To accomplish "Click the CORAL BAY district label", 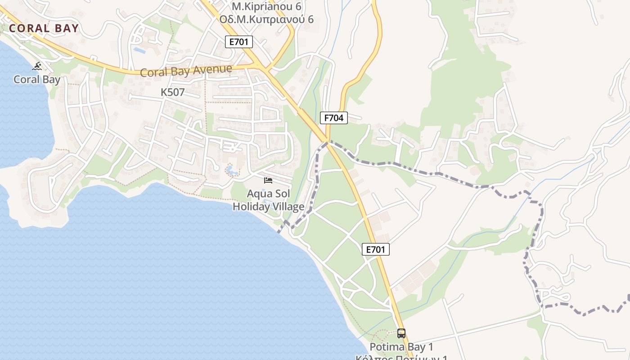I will (44, 28).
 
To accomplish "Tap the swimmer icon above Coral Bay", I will (37, 67).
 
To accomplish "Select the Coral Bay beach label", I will (37, 80).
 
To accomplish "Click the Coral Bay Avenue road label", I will (186, 71).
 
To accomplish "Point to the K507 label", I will (173, 92).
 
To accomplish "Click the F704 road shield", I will (334, 118).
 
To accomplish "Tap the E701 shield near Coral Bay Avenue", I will (239, 42).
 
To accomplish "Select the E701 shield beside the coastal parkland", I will (376, 249).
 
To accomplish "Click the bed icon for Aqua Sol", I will (268, 180).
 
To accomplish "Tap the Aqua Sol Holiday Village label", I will (268, 200).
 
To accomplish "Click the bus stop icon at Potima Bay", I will (401, 333).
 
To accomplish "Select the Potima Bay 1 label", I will (401, 347).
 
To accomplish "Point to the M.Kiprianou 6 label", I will (266, 6).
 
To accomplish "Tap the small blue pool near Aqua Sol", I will (231, 171).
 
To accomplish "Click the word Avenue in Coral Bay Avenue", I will (211, 70).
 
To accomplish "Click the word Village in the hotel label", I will (288, 207).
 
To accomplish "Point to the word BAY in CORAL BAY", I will (67, 28).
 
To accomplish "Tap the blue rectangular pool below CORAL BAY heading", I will (139, 50).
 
